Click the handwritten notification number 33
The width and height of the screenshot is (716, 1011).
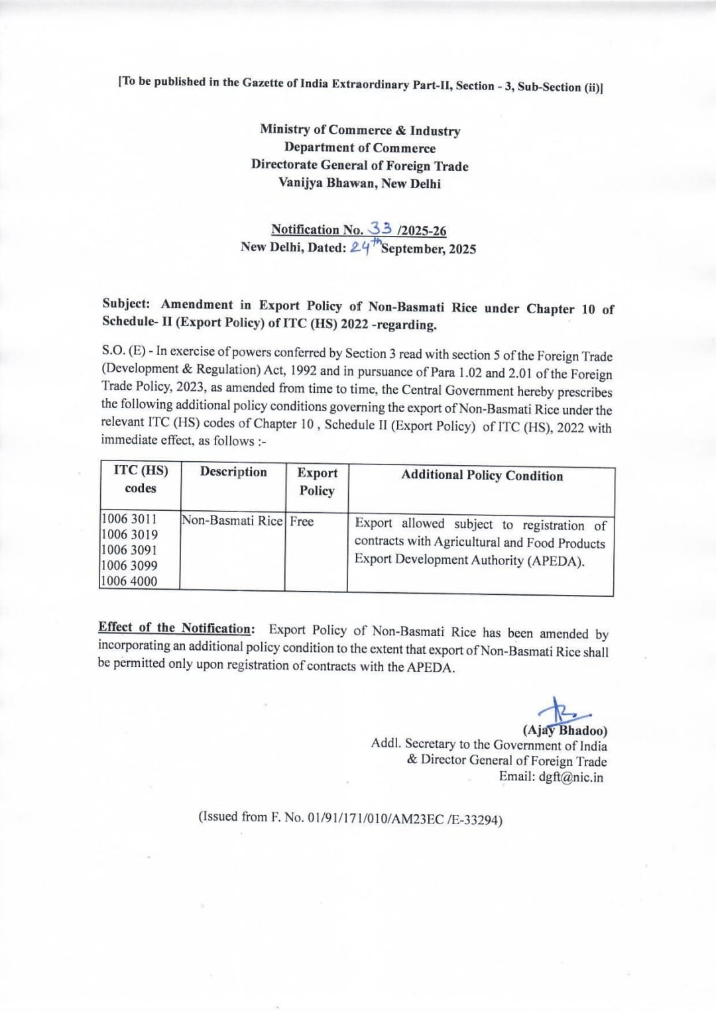381,229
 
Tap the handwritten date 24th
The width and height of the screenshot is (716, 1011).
365,247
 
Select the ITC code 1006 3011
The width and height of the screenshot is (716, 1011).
129,519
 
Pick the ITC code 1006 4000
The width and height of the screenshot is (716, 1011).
129,581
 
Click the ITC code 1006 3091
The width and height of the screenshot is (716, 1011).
129,550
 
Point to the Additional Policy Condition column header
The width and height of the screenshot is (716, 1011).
481,476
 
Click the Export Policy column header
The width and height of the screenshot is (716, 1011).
317,482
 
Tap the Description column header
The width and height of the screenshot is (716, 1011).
233,472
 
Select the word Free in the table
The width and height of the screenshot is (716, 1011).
302,521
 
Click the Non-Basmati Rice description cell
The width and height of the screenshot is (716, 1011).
232,521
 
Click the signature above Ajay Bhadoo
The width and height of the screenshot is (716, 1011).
560,711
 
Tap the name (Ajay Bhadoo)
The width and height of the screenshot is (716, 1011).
565,731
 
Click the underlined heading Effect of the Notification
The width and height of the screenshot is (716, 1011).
175,627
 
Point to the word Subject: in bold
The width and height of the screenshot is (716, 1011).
127,303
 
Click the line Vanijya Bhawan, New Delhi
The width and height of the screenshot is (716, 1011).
359,184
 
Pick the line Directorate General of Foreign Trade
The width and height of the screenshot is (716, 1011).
359,166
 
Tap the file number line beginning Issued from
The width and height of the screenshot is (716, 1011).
350,818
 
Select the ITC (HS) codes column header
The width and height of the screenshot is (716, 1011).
141,479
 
